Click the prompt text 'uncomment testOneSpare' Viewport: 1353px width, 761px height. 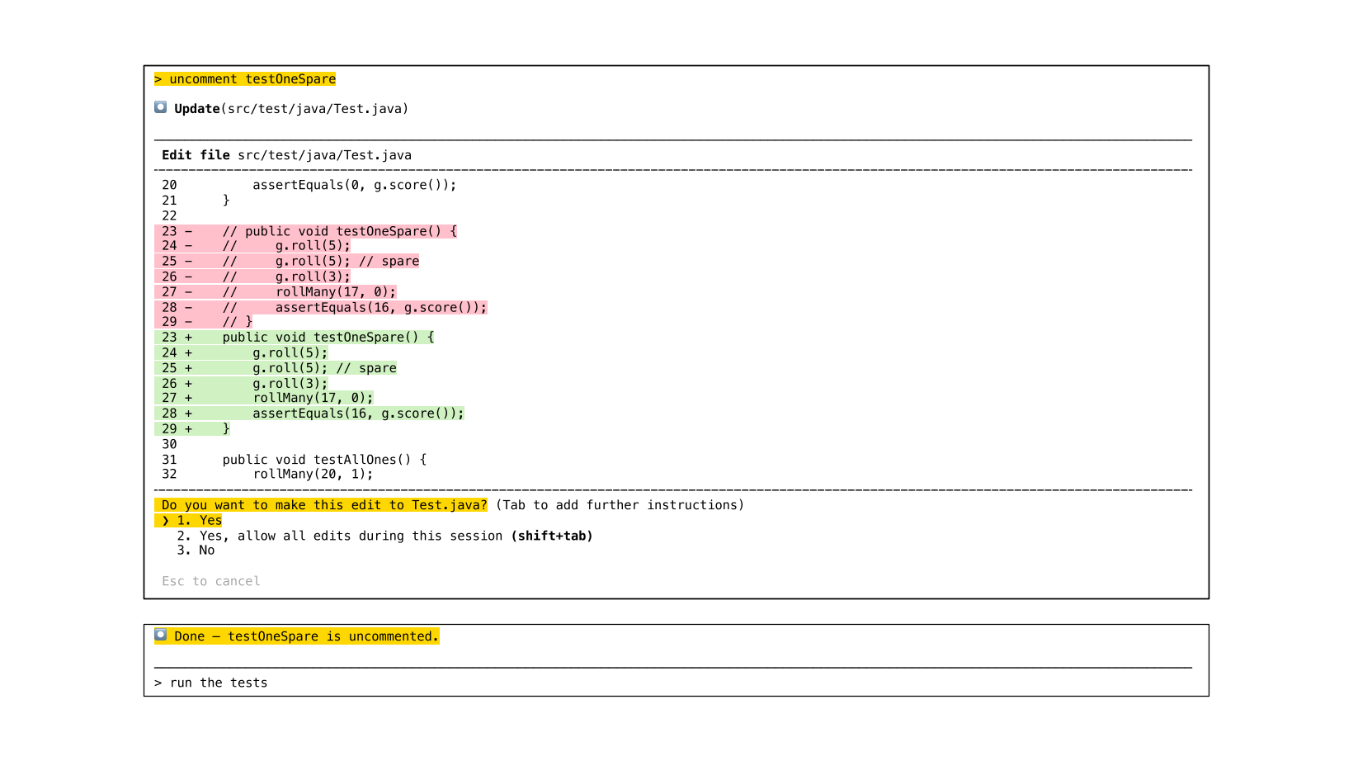252,79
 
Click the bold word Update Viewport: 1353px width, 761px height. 197,109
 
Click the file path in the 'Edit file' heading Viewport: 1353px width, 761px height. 324,155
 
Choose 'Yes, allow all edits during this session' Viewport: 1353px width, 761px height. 351,536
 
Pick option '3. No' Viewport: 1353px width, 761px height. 196,551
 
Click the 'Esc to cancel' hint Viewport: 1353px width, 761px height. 211,581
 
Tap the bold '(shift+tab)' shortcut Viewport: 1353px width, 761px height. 552,536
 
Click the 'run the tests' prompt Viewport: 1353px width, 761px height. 219,683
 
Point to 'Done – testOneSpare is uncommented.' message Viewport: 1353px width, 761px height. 306,636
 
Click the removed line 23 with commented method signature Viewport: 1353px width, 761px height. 339,231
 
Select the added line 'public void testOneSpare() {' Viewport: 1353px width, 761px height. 328,337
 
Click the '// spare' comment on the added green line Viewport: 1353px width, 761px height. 366,368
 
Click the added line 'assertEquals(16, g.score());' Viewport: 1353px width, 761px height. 358,414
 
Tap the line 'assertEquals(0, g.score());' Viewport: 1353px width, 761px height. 354,185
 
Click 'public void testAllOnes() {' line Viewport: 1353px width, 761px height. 324,460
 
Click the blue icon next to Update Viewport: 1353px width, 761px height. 161,107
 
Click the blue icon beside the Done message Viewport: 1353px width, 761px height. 161,635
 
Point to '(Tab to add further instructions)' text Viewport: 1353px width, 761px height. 620,505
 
